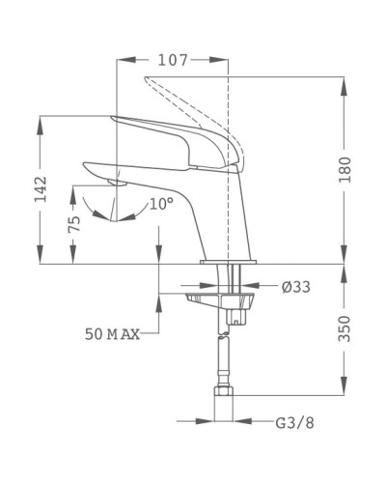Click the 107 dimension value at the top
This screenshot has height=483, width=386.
(x=173, y=60)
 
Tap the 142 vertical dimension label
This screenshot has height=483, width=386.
(x=39, y=189)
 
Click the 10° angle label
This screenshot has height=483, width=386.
(x=161, y=204)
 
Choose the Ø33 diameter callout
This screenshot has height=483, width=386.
(x=295, y=286)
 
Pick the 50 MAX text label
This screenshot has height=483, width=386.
(x=112, y=334)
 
